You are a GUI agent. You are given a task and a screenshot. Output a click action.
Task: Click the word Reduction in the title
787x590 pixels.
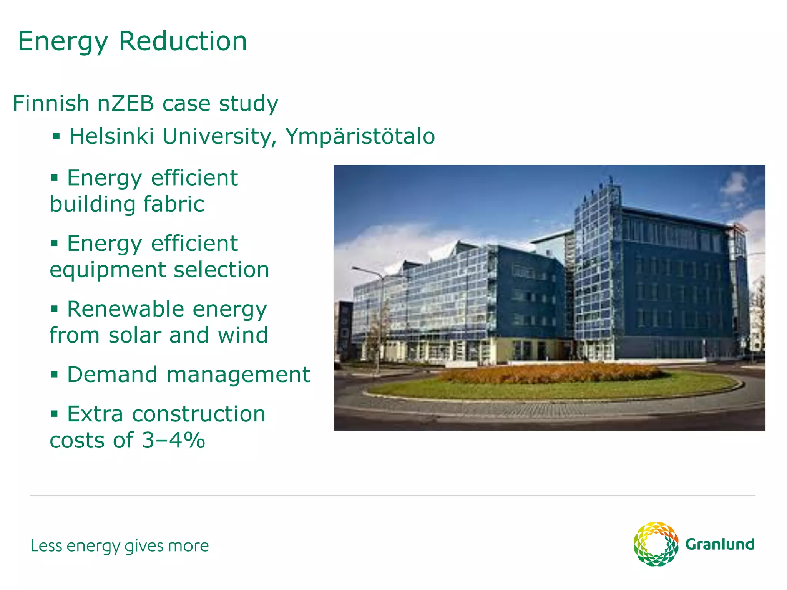coord(183,41)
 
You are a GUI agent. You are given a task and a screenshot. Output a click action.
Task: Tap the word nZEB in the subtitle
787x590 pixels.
coord(126,103)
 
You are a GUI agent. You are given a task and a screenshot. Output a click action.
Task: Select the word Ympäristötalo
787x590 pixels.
coord(360,136)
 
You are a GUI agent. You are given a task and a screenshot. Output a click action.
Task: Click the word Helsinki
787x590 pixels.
coord(111,136)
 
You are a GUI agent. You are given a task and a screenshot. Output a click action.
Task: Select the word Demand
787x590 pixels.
coord(112,375)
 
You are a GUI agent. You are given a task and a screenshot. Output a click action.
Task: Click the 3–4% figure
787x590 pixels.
coord(173,440)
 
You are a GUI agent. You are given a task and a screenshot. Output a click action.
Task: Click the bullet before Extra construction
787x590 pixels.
coord(54,414)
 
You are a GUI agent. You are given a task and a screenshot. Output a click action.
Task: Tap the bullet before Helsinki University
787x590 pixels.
coord(56,136)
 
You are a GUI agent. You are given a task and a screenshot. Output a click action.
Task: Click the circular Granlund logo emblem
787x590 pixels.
coord(656,544)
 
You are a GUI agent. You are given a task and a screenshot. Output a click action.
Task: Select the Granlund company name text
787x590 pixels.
coord(720,544)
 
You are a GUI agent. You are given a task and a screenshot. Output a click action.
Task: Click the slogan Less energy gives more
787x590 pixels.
coord(120,546)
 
